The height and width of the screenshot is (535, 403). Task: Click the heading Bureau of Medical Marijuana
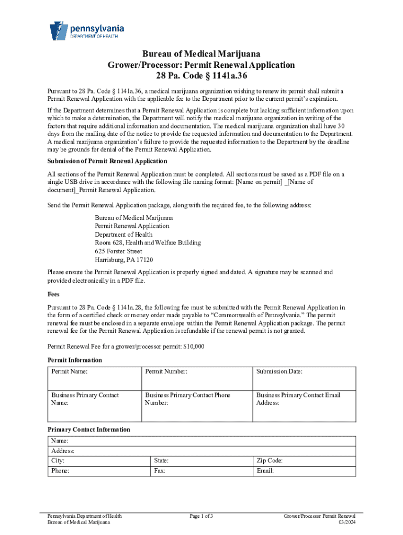tap(201, 54)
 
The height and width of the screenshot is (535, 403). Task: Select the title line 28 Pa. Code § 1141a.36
tap(201, 76)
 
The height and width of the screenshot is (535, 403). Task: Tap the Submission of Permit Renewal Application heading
tap(107, 161)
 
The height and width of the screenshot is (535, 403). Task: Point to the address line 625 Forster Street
tap(118, 251)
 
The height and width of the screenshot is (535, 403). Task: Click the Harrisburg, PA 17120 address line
tap(124, 260)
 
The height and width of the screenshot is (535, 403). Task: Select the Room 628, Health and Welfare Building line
tap(148, 243)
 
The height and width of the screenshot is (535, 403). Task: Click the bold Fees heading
tap(53, 294)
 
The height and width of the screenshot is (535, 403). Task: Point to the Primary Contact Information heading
tap(89, 429)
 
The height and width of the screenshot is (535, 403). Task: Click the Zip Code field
tap(304, 461)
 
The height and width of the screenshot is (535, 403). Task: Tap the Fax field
tap(201, 471)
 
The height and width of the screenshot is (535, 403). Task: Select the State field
tap(201, 461)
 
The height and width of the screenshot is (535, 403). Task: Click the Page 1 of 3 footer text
tap(201, 516)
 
